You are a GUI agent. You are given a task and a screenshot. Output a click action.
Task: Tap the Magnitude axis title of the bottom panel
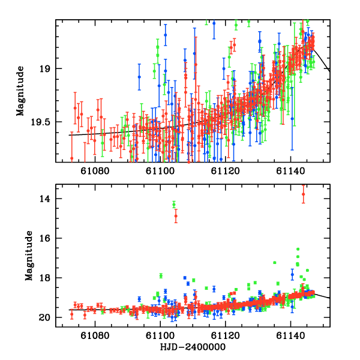pos(28,257)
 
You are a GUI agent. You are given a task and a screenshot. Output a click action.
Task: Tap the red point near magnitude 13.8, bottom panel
pos(303,194)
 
